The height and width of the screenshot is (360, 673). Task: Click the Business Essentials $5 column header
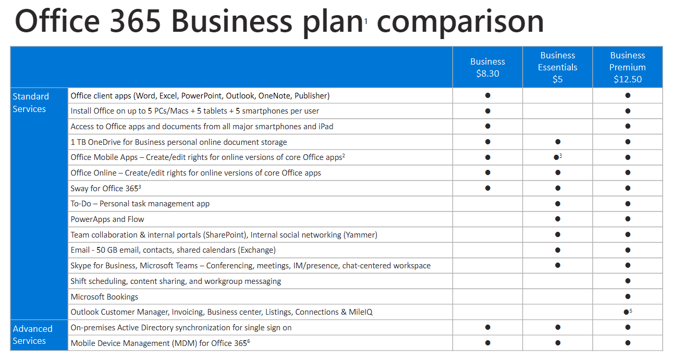pos(557,67)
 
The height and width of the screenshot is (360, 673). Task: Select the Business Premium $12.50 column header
pos(627,67)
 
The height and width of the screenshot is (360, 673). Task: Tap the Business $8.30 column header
pos(487,67)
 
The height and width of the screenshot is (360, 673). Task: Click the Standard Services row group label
pos(31,103)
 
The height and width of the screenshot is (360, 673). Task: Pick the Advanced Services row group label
pos(32,334)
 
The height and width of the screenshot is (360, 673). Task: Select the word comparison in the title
pos(460,22)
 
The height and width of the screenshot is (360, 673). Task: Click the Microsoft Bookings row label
pos(104,296)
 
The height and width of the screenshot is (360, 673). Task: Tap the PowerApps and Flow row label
pos(107,219)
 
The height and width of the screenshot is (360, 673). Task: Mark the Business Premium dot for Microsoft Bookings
pos(628,296)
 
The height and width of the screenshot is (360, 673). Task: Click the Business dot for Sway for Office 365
pos(487,188)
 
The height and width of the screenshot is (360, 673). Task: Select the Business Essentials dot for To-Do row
pos(557,204)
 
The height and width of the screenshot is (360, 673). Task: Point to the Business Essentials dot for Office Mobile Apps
pos(556,157)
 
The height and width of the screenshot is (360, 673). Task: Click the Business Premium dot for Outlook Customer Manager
pos(626,312)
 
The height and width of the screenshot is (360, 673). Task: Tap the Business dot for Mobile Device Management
pos(487,343)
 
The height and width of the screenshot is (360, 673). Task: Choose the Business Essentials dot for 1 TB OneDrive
pos(557,142)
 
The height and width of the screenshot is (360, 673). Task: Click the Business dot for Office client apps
pos(487,95)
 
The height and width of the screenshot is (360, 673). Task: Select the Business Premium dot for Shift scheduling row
pos(628,281)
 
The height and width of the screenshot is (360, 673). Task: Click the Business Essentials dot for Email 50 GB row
pos(557,250)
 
